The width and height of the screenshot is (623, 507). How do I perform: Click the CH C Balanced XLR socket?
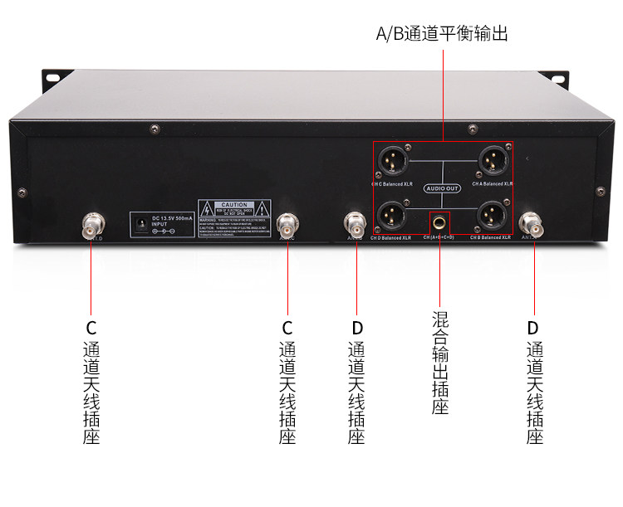[x=392, y=158]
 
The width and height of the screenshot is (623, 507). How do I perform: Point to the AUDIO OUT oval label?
[x=443, y=188]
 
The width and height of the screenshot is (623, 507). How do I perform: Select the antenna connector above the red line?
[x=288, y=224]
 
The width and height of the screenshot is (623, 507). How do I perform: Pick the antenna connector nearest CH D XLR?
[x=356, y=223]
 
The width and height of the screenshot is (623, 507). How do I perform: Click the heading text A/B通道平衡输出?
[x=442, y=34]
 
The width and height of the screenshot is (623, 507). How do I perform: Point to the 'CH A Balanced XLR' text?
[x=492, y=183]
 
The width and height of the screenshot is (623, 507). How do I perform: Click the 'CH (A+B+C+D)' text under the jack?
[x=440, y=238]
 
